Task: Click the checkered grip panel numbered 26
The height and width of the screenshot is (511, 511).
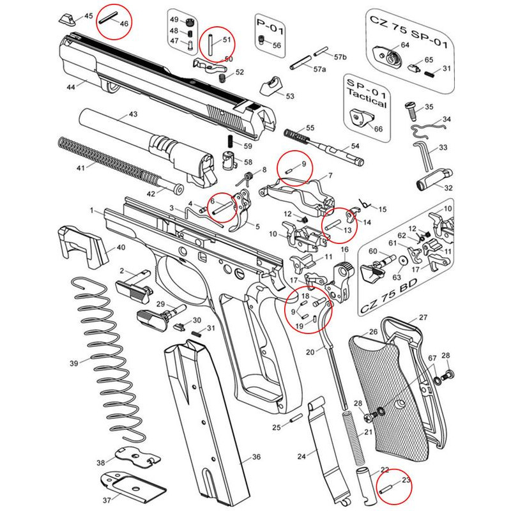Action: pyautogui.click(x=383, y=390)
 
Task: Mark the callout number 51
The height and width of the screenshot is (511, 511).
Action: pyautogui.click(x=225, y=40)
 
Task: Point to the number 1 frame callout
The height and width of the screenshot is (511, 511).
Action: pyautogui.click(x=92, y=210)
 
